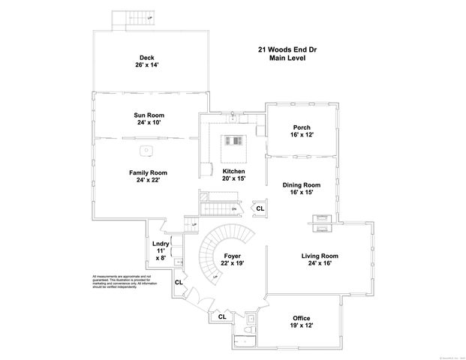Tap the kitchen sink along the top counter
[x=233, y=118]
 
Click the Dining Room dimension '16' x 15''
[x=301, y=193]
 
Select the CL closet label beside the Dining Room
[x=260, y=208]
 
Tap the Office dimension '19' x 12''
[x=298, y=325]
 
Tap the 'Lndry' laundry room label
[x=161, y=244]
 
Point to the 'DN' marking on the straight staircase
[x=234, y=208]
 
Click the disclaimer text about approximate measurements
[x=124, y=280]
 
